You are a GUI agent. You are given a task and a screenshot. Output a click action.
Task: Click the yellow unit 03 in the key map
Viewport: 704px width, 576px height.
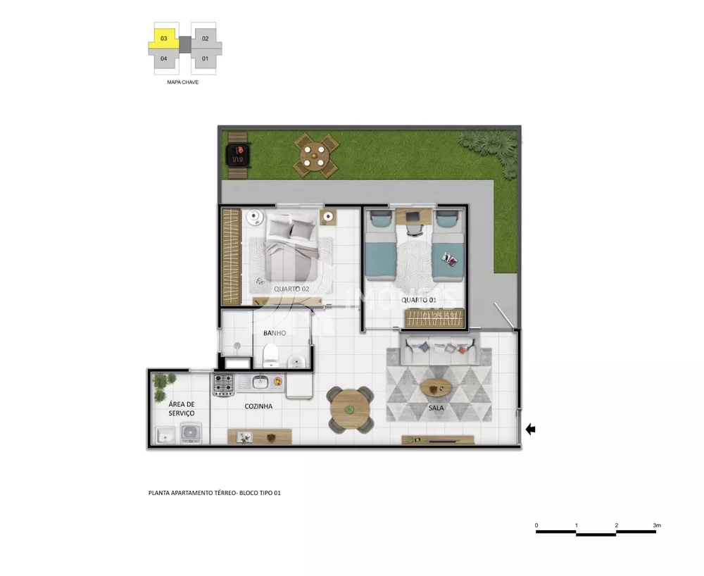pyautogui.click(x=163, y=38)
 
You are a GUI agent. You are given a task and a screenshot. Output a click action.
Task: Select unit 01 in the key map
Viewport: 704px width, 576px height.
pyautogui.click(x=206, y=58)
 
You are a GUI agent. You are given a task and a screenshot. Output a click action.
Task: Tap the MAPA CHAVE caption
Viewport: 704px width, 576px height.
pyautogui.click(x=182, y=82)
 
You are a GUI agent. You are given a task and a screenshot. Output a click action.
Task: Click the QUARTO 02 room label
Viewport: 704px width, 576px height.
pyautogui.click(x=291, y=289)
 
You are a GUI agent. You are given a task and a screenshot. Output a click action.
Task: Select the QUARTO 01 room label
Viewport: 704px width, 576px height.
pyautogui.click(x=419, y=300)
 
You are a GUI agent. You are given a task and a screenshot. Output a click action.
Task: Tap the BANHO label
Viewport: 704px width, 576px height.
pyautogui.click(x=275, y=333)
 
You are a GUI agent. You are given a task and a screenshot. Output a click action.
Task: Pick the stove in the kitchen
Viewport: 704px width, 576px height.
pyautogui.click(x=224, y=384)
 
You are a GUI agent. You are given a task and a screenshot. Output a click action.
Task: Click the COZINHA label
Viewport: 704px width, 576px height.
pyautogui.click(x=258, y=406)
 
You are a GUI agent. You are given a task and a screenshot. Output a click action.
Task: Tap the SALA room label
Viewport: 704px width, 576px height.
pyautogui.click(x=436, y=408)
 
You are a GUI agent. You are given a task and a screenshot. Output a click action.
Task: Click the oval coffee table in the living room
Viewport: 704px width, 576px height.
pyautogui.click(x=436, y=387)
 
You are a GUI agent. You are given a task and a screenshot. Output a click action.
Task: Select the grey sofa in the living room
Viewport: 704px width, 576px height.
pyautogui.click(x=438, y=350)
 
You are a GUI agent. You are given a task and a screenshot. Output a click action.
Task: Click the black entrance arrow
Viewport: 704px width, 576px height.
pyautogui.click(x=530, y=429)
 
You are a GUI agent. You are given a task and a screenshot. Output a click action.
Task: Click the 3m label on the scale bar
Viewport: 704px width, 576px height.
pyautogui.click(x=656, y=525)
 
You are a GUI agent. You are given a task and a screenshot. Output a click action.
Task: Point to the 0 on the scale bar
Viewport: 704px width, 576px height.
pyautogui.click(x=536, y=525)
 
